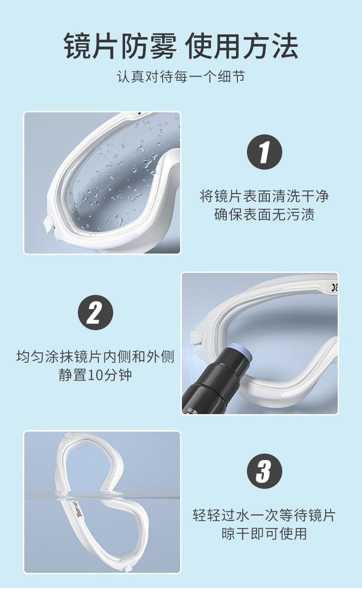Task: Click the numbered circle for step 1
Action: tap(264, 152)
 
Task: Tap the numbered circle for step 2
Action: tap(95, 312)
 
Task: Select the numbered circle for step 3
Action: tap(264, 471)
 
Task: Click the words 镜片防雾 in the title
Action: tap(120, 46)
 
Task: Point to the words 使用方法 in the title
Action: tap(241, 46)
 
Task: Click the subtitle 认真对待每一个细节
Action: tap(181, 77)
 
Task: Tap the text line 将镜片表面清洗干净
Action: tap(264, 196)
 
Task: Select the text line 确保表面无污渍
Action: tap(264, 214)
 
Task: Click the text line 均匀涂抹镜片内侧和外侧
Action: tap(95, 357)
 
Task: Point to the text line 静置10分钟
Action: tap(95, 375)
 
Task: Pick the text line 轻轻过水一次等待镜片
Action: tap(264, 515)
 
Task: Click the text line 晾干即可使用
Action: tap(264, 533)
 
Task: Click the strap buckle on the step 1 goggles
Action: tap(49, 225)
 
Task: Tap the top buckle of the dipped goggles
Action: tap(68, 435)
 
